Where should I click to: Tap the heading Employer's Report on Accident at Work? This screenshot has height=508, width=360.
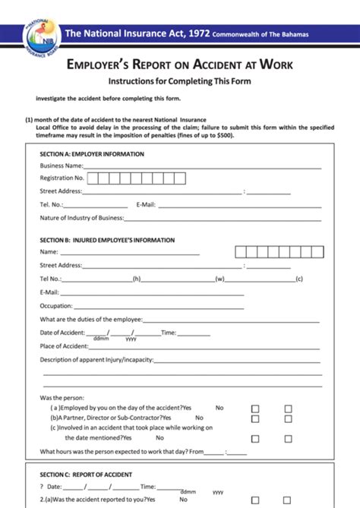click(x=180, y=65)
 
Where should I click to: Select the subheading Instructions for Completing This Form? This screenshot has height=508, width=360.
click(x=179, y=81)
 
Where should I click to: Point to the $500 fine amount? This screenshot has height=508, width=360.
click(x=224, y=135)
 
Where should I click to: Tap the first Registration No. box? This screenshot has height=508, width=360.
click(x=93, y=178)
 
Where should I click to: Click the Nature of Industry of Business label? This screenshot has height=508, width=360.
click(x=81, y=218)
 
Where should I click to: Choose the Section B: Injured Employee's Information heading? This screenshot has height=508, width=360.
click(x=107, y=240)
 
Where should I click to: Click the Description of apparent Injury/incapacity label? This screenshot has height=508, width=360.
click(x=96, y=359)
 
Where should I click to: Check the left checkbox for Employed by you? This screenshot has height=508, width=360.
click(x=255, y=409)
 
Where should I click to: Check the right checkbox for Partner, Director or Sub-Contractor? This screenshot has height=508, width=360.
click(x=289, y=418)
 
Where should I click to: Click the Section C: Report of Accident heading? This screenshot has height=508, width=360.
click(x=86, y=475)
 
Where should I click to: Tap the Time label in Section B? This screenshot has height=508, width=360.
click(x=169, y=333)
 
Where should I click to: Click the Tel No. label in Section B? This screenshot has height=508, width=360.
click(x=52, y=279)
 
